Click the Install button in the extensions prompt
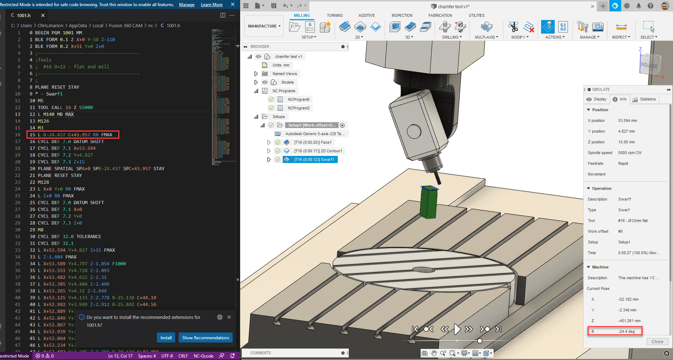tap(166, 337)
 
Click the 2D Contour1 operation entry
tap(318, 151)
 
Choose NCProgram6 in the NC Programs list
tap(298, 99)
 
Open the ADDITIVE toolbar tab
tap(366, 15)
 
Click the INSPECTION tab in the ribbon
tap(402, 15)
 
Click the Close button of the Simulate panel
tap(657, 341)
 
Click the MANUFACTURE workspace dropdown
tap(264, 26)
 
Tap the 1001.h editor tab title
tap(24, 15)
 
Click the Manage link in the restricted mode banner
tap(187, 5)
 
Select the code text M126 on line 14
tap(43, 121)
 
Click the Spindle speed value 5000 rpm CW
tap(630, 153)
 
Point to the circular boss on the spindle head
tap(414, 131)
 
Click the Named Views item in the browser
tap(284, 74)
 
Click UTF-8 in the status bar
tap(167, 356)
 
